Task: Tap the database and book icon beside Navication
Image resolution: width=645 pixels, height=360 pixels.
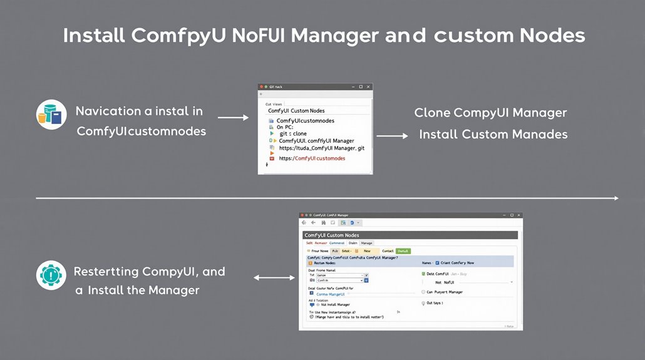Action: tap(51, 115)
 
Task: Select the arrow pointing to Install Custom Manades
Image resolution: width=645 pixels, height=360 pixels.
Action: tap(392, 135)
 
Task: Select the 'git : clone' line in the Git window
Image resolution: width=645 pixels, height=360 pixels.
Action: tap(292, 133)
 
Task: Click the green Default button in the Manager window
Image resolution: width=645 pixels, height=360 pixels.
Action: tap(403, 250)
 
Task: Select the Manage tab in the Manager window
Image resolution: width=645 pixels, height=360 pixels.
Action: tap(366, 243)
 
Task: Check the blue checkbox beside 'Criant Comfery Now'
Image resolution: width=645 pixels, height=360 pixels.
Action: tap(437, 263)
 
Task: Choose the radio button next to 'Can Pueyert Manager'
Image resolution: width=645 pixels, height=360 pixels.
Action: tap(423, 292)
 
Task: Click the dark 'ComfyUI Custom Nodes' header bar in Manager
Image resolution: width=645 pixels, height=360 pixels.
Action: tap(410, 235)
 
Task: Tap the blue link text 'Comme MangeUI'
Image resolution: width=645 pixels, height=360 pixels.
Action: tap(331, 293)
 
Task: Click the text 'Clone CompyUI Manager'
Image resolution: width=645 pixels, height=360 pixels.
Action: tap(490, 113)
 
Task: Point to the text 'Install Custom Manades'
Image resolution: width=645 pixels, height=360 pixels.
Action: tap(493, 134)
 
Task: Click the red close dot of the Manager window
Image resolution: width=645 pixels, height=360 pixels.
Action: tap(302, 214)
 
